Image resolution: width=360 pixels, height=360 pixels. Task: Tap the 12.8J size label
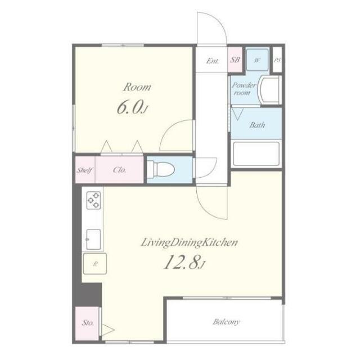(184, 263)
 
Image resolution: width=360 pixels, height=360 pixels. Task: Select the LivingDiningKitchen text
(189, 242)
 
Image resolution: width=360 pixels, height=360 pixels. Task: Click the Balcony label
(226, 322)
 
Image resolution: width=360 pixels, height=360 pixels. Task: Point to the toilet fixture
(160, 169)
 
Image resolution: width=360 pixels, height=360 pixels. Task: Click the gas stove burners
(93, 200)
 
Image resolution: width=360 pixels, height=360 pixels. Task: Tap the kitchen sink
(93, 239)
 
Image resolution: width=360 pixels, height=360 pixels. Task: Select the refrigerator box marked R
(95, 264)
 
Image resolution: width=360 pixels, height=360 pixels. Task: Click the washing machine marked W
(257, 60)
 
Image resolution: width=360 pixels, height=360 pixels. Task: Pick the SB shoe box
(235, 60)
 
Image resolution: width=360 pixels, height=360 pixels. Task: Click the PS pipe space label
(277, 60)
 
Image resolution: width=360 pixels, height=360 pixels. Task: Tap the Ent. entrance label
(213, 61)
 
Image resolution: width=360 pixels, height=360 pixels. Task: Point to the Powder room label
(244, 89)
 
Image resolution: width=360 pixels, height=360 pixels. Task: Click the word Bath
(257, 125)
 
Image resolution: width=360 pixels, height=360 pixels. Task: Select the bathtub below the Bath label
(256, 154)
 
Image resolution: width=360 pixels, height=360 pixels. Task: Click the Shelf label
(84, 170)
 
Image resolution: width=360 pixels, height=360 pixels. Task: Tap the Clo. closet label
(119, 170)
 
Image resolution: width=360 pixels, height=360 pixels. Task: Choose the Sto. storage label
(88, 323)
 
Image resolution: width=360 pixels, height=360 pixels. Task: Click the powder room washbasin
(269, 90)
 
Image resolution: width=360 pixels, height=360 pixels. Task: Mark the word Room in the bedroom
(137, 87)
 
